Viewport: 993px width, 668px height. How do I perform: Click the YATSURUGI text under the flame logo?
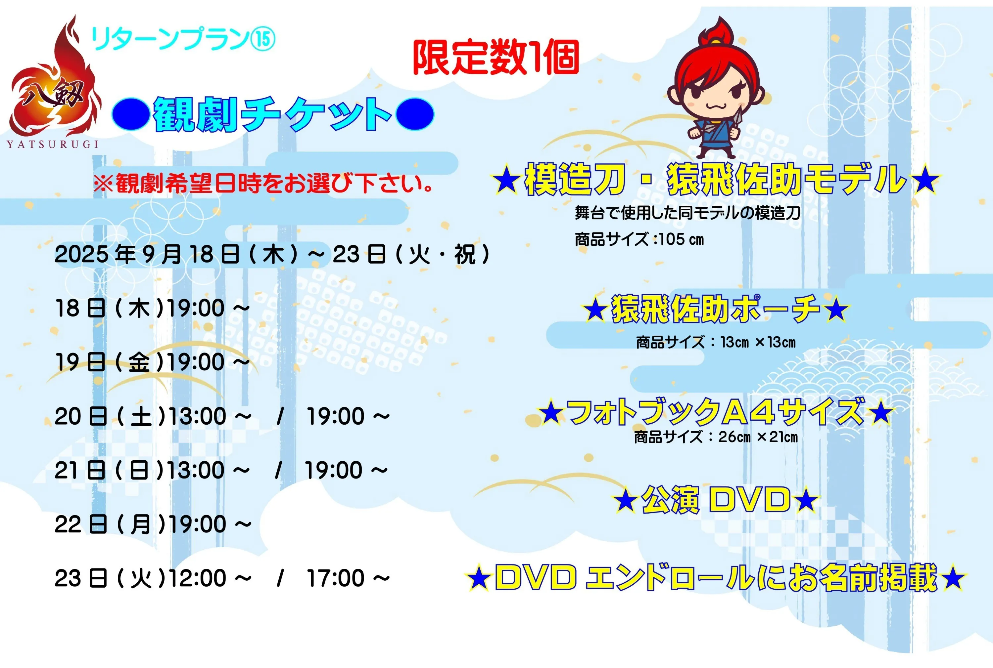coord(52,145)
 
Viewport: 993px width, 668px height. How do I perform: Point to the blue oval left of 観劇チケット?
coord(130,114)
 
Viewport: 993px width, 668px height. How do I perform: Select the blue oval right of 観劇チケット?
coord(415,114)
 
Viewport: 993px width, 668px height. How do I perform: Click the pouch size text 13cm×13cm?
coord(758,342)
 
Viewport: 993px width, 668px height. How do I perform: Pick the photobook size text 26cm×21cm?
coord(758,437)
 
